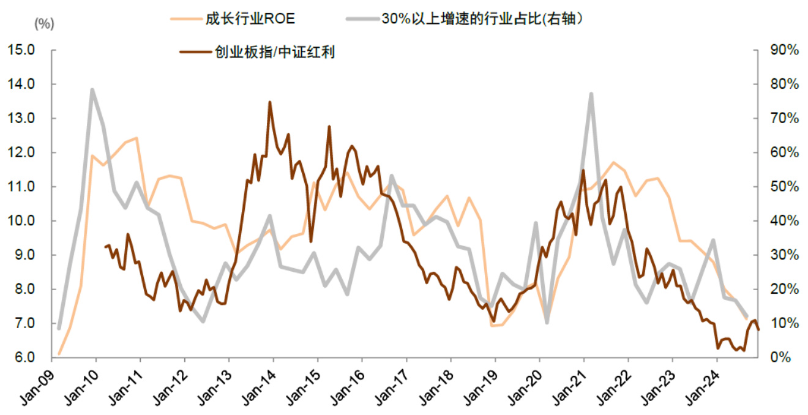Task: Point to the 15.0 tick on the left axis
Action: [23, 50]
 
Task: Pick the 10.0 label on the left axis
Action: [23, 221]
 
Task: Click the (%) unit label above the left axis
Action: [44, 24]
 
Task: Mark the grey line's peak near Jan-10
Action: [92, 90]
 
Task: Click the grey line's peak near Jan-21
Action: [591, 94]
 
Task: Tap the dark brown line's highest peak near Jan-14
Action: [270, 102]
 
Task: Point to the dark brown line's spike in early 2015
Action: [329, 127]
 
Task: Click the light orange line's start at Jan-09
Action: [59, 354]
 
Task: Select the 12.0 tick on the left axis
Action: [23, 152]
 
